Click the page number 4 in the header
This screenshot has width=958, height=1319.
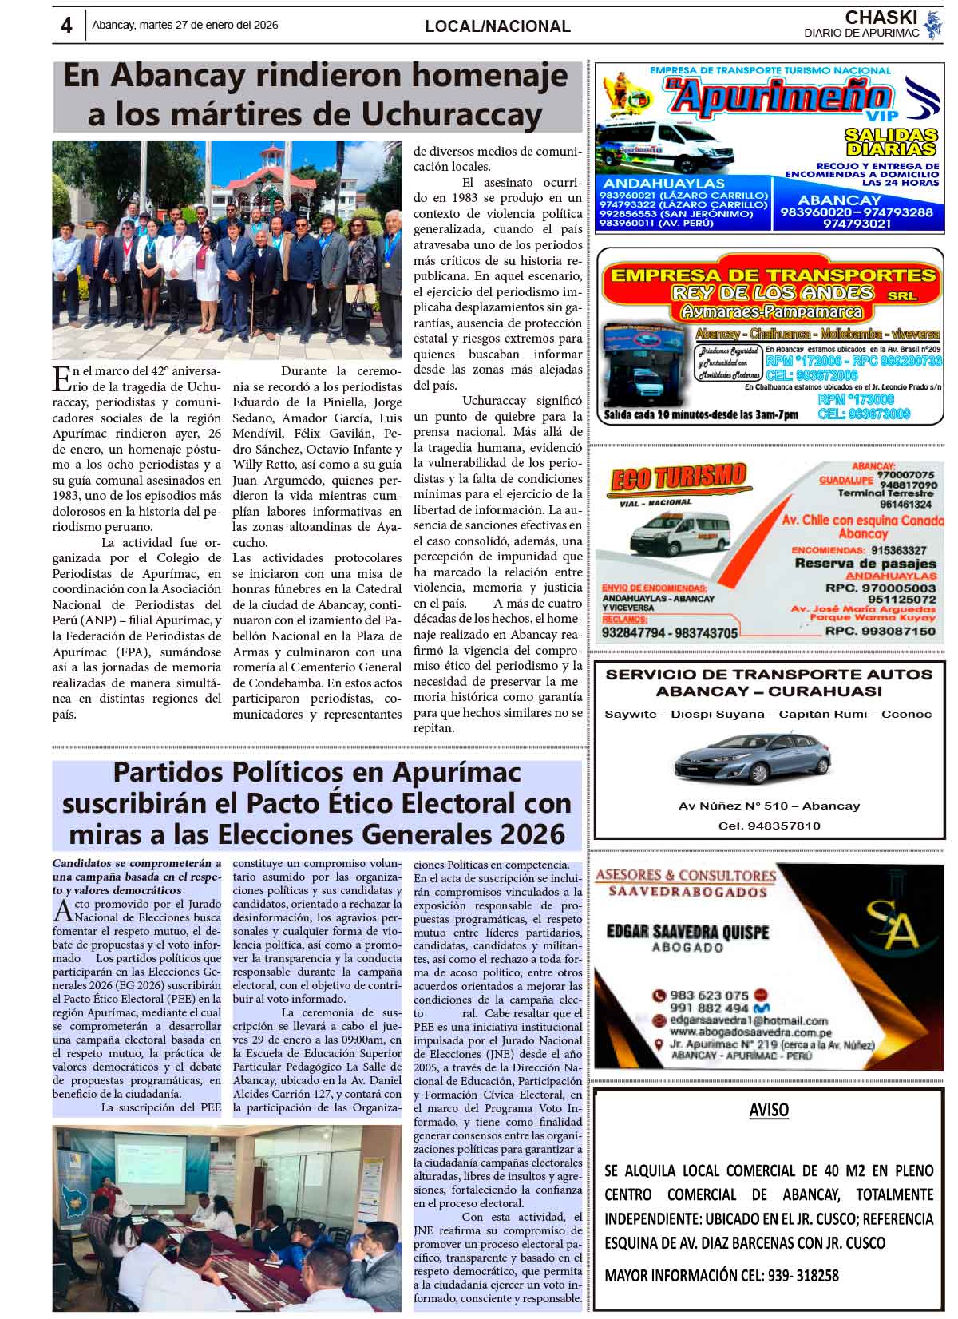click(x=66, y=26)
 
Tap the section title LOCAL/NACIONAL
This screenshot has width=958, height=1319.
click(x=497, y=26)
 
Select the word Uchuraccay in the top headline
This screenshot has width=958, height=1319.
click(x=452, y=115)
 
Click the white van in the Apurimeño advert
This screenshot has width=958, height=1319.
click(x=667, y=145)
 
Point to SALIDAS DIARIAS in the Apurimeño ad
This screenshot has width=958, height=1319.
click(x=891, y=141)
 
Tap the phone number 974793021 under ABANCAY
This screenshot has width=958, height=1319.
click(x=857, y=224)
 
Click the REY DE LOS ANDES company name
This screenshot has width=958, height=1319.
click(x=774, y=293)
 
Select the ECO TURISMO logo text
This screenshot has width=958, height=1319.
click(x=678, y=478)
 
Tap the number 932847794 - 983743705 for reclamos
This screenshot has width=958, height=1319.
click(x=670, y=632)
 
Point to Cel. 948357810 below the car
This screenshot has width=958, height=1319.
click(x=769, y=826)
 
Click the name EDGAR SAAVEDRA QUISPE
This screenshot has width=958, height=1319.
click(x=687, y=932)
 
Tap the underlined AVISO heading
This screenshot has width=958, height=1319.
click(x=769, y=1111)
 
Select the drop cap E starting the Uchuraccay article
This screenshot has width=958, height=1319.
click(x=60, y=375)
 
